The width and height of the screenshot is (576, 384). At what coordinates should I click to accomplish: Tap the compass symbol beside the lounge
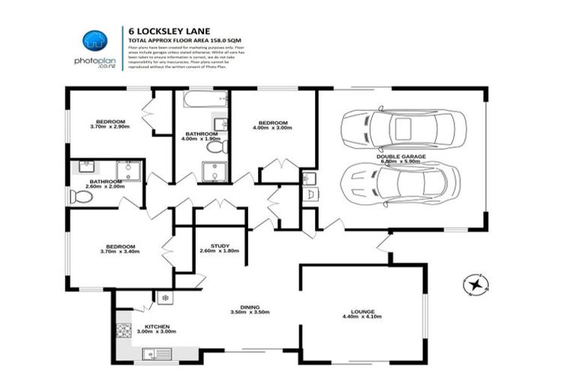(475, 284)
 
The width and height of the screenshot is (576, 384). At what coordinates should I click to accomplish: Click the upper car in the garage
(403, 130)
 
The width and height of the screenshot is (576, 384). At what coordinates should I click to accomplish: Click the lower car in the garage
(400, 184)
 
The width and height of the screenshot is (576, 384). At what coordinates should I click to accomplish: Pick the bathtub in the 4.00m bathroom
(202, 100)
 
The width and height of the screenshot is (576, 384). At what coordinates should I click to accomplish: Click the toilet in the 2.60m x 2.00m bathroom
(80, 196)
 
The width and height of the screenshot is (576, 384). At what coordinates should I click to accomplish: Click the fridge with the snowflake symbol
(165, 297)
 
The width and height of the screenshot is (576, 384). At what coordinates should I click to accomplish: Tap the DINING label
(250, 306)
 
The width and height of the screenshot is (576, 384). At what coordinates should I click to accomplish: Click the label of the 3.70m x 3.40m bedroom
(120, 247)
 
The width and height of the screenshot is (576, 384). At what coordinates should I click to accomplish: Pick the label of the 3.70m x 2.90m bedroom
(109, 121)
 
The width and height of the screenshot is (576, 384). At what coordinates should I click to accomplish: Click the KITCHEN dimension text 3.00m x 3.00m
(155, 331)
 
